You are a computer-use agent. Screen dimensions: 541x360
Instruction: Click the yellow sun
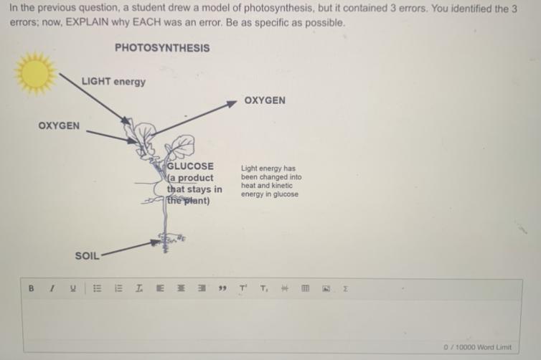(36, 72)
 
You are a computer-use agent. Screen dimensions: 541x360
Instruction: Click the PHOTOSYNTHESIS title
(162, 47)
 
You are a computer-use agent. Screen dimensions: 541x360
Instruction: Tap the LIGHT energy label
(113, 82)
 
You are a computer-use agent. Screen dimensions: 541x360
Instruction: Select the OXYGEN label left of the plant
(59, 125)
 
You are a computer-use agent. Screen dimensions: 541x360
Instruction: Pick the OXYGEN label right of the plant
(265, 100)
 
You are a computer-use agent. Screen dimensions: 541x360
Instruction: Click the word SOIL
(87, 256)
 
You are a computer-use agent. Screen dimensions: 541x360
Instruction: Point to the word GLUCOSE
(190, 166)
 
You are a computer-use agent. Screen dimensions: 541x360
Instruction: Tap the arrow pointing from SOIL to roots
(131, 248)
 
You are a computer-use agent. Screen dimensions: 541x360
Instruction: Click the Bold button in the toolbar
(31, 288)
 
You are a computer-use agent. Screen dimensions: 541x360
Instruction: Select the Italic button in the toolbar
(52, 288)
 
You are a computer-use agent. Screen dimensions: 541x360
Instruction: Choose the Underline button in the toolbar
(72, 288)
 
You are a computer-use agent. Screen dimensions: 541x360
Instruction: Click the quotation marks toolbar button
(222, 288)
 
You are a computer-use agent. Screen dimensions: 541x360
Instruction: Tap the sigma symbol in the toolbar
(345, 288)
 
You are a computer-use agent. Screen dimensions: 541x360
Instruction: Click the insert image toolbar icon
(326, 288)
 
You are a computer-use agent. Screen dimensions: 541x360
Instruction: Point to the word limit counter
(478, 347)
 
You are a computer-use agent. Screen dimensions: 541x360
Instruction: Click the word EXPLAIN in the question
(87, 22)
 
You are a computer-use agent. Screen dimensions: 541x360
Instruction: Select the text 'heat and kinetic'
(267, 186)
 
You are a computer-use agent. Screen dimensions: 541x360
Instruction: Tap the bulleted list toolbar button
(98, 288)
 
